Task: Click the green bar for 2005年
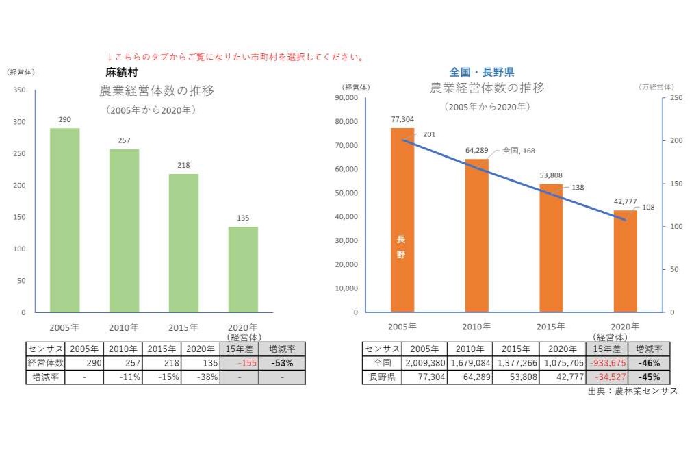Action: click(x=65, y=220)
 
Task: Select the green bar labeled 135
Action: click(x=243, y=269)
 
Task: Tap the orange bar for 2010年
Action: click(x=477, y=235)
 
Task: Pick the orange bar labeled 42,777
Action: click(x=625, y=261)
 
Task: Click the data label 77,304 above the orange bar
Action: click(x=402, y=119)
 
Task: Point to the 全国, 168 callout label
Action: click(x=519, y=151)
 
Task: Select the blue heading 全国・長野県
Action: click(x=482, y=71)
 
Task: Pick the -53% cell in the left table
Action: click(x=282, y=363)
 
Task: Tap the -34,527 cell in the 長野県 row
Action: click(x=607, y=377)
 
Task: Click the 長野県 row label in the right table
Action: click(x=382, y=377)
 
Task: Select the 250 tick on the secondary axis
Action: click(x=676, y=98)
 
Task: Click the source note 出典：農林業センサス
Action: click(x=632, y=391)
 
